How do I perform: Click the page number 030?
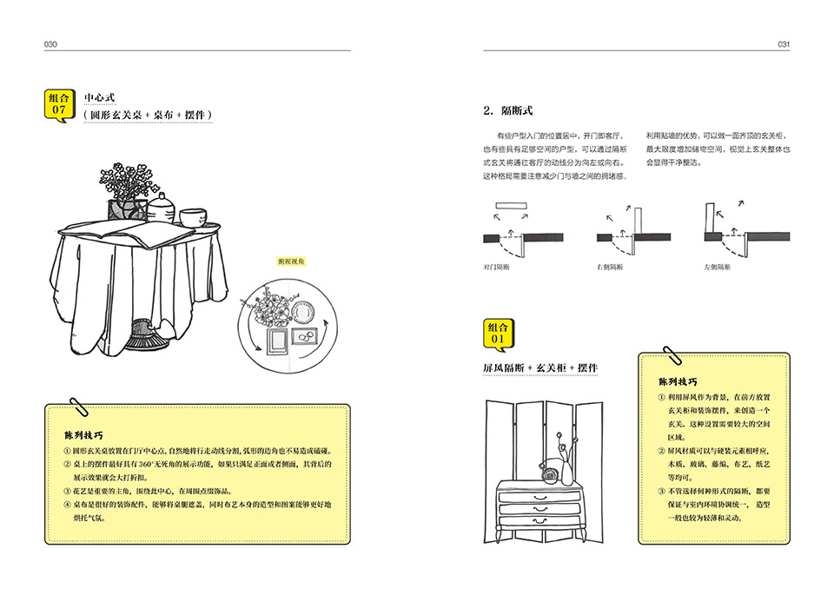click(x=50, y=43)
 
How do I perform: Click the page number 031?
click(x=783, y=43)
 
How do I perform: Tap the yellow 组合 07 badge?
click(x=59, y=104)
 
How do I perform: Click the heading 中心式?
click(x=100, y=96)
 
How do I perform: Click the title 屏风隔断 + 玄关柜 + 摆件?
click(x=540, y=368)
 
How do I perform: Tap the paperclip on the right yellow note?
click(x=672, y=355)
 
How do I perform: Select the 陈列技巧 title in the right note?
click(x=678, y=382)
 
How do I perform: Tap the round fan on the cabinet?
click(x=549, y=473)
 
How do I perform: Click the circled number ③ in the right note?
click(x=661, y=492)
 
